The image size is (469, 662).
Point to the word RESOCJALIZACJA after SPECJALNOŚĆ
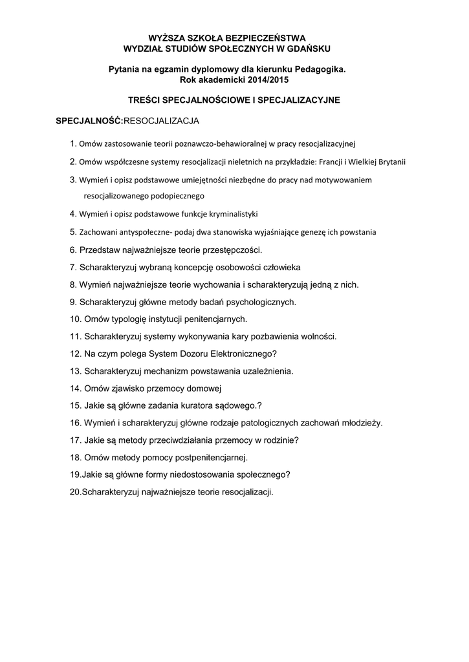pos(161,121)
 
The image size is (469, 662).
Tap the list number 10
pos(74,319)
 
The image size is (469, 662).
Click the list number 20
pos(74,492)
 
